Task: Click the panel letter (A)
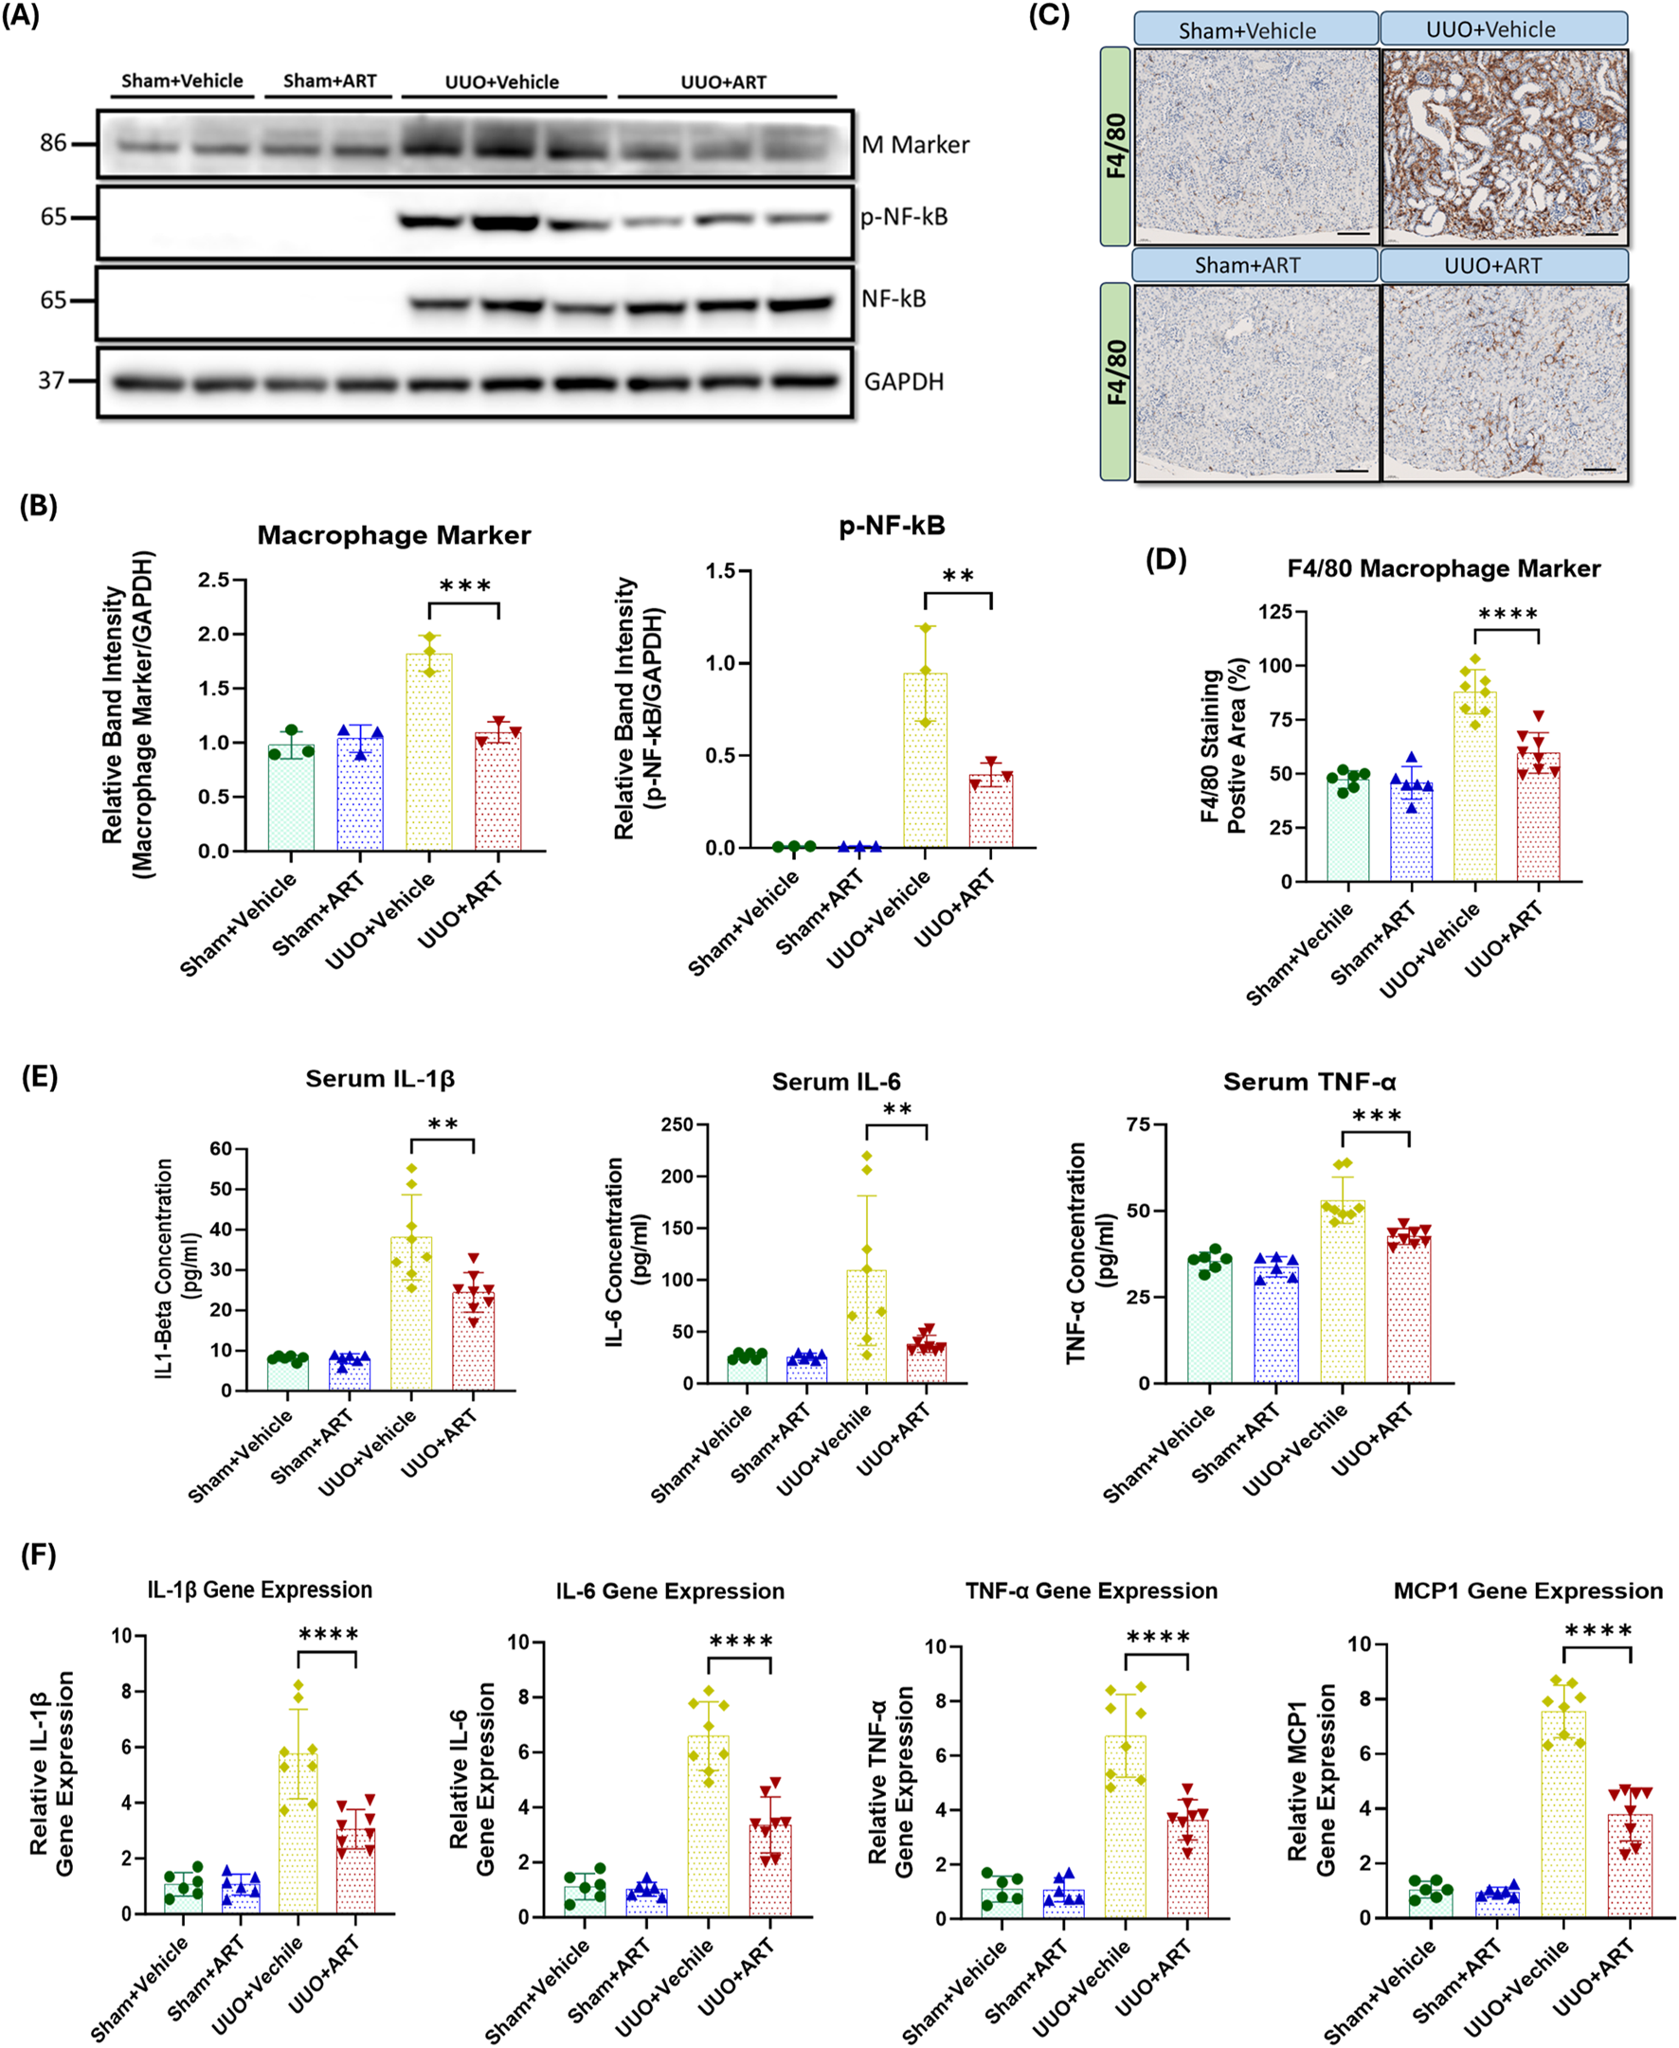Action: (20, 16)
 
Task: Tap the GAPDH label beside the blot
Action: (902, 382)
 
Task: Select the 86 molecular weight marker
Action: (53, 143)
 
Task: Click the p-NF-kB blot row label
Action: (903, 217)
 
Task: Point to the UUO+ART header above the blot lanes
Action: (724, 82)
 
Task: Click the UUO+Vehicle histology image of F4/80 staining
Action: (1504, 145)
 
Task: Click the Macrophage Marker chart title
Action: (393, 534)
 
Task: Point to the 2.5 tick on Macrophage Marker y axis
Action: (214, 580)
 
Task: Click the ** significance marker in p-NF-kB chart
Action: (958, 577)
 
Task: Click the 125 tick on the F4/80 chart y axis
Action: (1275, 611)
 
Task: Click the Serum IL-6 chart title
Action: (836, 1081)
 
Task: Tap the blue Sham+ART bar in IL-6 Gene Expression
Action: (645, 1902)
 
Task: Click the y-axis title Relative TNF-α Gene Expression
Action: (891, 1781)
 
